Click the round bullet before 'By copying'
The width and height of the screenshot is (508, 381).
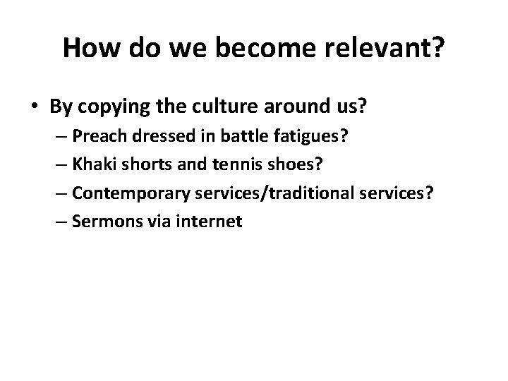pos(35,107)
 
